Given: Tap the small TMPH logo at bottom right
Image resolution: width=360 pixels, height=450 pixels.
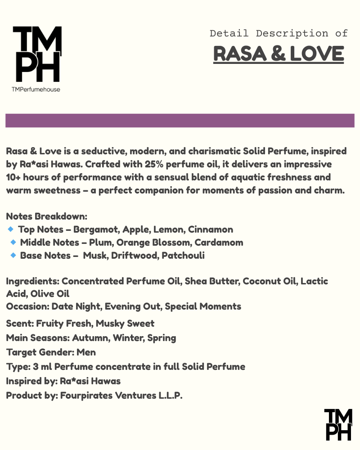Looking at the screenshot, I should click(x=338, y=424).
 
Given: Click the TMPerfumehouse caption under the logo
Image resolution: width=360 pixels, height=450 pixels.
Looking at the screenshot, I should click(x=36, y=89).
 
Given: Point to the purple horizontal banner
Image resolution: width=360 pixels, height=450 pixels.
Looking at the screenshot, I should click(x=180, y=121).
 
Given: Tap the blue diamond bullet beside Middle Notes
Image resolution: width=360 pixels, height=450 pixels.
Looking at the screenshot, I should click(x=13, y=243).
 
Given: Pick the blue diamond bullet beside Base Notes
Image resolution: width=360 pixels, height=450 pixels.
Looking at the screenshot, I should click(x=13, y=256).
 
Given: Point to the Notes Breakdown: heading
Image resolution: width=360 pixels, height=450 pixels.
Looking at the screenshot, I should click(x=46, y=216).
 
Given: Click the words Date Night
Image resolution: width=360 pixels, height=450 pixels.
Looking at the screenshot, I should click(x=74, y=306).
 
